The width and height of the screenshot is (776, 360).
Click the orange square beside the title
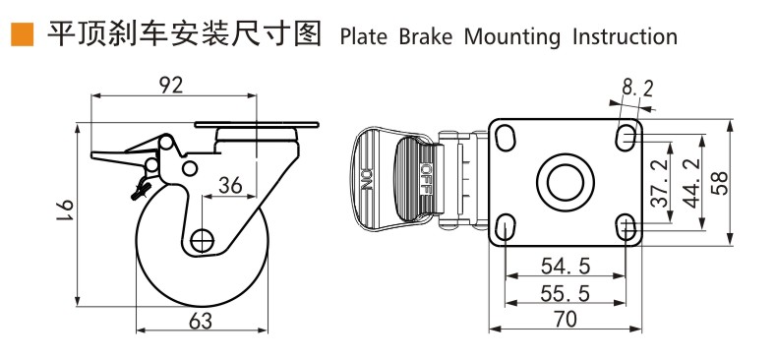[23, 34]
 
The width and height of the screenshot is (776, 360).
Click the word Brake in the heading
[426, 36]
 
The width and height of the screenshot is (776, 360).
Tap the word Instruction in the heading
[626, 36]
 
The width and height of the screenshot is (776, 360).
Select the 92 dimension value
[171, 86]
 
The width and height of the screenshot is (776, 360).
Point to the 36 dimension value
[230, 185]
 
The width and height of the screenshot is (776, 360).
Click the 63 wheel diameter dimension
[201, 322]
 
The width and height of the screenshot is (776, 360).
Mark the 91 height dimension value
[65, 211]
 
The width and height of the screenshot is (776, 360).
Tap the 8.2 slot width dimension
[637, 90]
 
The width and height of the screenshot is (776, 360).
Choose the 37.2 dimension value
[660, 182]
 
